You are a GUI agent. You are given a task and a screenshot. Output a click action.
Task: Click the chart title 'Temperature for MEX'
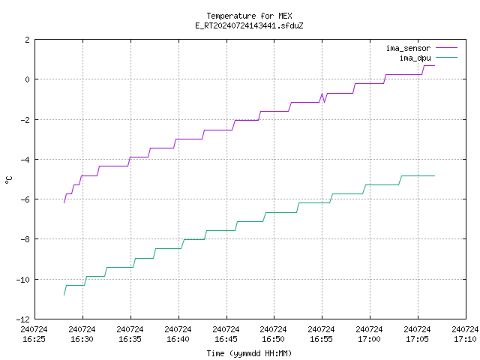pyautogui.click(x=249, y=16)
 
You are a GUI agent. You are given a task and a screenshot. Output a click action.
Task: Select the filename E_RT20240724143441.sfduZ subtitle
pyautogui.click(x=249, y=25)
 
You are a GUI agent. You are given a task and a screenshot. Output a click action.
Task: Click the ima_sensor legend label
pyautogui.click(x=408, y=48)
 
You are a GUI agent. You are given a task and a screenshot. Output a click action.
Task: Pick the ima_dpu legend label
pyautogui.click(x=415, y=58)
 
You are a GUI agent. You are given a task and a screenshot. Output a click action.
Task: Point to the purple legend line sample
pyautogui.click(x=446, y=48)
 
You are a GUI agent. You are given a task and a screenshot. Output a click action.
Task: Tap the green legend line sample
pyautogui.click(x=446, y=57)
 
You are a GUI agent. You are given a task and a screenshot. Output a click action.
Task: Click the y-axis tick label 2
pyautogui.click(x=28, y=40)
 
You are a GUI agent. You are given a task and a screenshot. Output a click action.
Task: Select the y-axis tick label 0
pyautogui.click(x=28, y=79)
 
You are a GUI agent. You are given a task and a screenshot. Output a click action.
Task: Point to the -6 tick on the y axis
pyautogui.click(x=25, y=199)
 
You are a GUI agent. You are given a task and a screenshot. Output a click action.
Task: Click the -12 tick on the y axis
pyautogui.click(x=23, y=319)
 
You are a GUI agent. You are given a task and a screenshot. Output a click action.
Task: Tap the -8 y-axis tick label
pyautogui.click(x=25, y=239)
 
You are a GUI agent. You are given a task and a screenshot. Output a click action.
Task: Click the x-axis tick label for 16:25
pyautogui.click(x=34, y=334)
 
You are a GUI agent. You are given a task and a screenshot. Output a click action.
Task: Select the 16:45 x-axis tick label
pyautogui.click(x=226, y=334)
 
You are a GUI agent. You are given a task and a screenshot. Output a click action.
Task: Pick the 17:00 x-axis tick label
pyautogui.click(x=369, y=334)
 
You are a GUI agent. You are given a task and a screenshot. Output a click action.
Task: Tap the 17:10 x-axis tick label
pyautogui.click(x=465, y=334)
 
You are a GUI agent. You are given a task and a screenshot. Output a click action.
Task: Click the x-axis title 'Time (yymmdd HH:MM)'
pyautogui.click(x=249, y=353)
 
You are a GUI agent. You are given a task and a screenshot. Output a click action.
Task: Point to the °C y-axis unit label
pyautogui.click(x=8, y=180)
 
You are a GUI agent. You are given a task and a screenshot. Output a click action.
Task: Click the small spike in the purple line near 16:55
pyautogui.click(x=322, y=94)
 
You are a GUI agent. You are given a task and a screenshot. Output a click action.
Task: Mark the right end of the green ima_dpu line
pyautogui.click(x=434, y=176)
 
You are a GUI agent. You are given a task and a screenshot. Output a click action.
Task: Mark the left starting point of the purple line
pyautogui.click(x=64, y=202)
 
